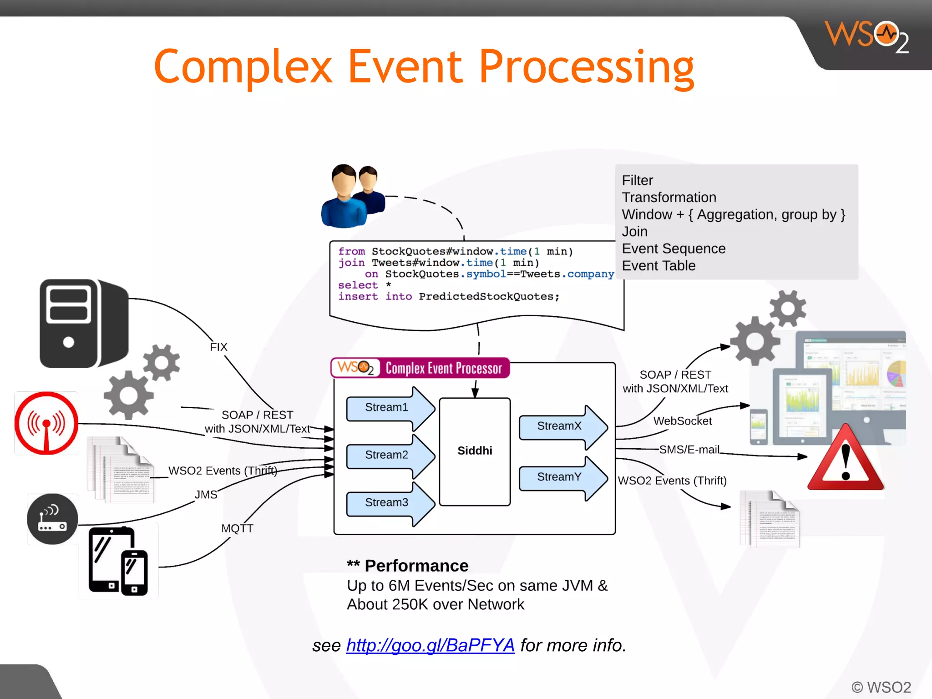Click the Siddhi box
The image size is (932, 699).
[x=475, y=451]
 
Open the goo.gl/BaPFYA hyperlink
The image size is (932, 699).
[x=430, y=645]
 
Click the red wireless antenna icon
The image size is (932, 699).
[x=46, y=423]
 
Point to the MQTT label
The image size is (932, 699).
[x=237, y=528]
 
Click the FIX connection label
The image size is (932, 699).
[x=218, y=347]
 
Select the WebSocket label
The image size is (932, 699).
[x=682, y=421]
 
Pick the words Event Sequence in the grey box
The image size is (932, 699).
[x=674, y=249]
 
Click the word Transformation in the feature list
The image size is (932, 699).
[x=669, y=198]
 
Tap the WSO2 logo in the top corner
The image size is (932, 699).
[x=866, y=36]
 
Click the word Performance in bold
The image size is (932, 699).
[x=416, y=566]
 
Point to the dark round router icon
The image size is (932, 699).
[x=53, y=519]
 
